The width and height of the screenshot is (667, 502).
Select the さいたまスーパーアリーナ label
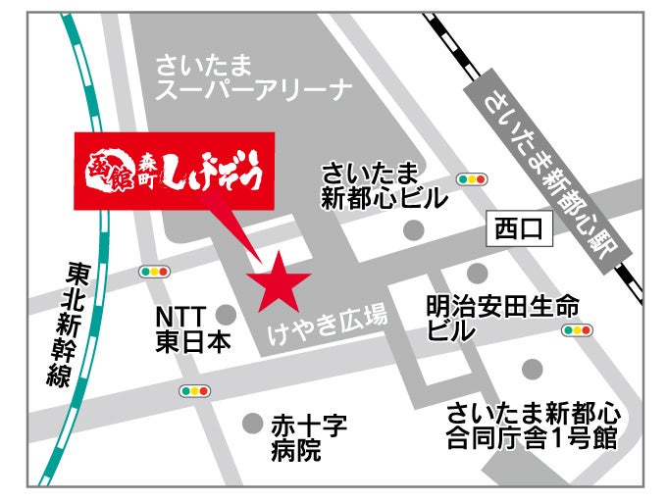point(254,79)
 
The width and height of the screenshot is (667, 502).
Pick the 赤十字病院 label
point(309,437)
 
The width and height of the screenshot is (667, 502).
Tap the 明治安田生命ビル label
point(501,318)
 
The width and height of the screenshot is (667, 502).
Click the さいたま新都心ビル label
point(384,186)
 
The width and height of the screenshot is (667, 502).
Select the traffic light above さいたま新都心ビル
point(473,179)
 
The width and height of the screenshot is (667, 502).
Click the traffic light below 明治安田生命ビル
point(577,330)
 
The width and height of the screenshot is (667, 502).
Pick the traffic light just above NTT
point(155,272)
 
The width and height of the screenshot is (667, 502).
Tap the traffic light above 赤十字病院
point(194,391)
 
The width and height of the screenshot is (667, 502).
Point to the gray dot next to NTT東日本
point(227,315)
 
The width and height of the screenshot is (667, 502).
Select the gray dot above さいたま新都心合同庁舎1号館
point(532,369)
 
